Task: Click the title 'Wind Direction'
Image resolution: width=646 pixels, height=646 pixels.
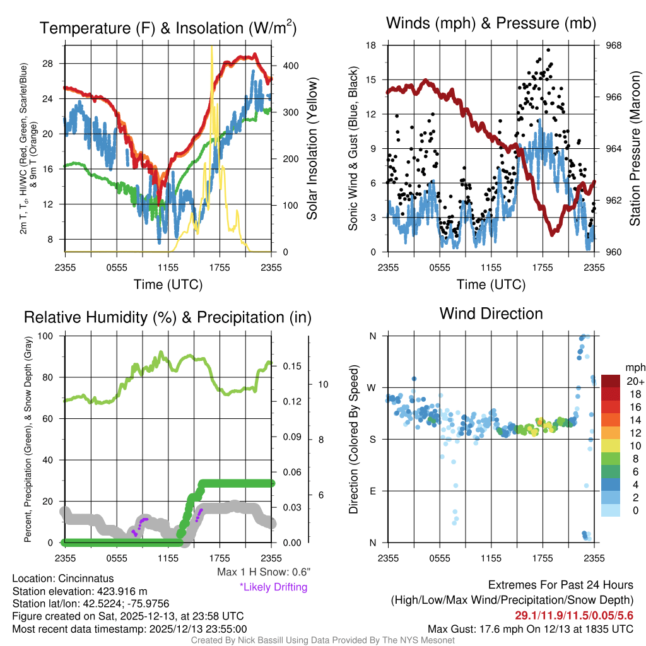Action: (491, 314)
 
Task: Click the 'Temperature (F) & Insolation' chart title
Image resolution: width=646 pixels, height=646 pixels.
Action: (168, 28)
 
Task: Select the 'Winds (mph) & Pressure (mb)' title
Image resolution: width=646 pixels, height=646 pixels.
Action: (491, 23)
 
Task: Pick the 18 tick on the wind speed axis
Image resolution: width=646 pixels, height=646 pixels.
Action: (371, 45)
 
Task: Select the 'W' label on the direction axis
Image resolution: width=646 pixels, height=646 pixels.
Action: (372, 387)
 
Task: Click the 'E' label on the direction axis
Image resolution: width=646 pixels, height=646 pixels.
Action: (372, 491)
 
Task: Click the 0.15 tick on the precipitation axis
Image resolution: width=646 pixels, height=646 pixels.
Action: (292, 367)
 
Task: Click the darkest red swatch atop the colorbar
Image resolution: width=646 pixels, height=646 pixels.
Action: (612, 381)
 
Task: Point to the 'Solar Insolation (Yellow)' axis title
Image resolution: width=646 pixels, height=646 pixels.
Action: (312, 149)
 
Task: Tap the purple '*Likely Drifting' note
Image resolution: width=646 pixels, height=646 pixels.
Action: (273, 587)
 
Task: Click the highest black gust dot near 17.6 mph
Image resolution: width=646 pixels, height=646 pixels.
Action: (548, 50)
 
